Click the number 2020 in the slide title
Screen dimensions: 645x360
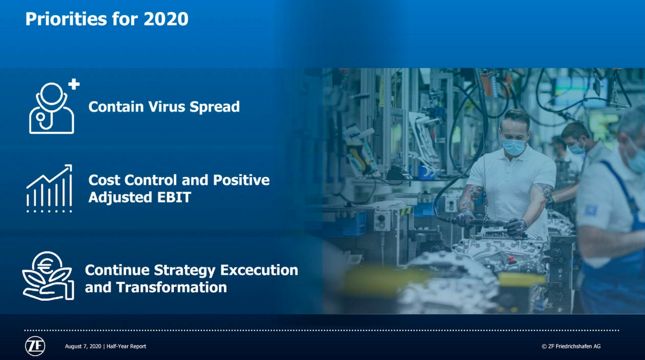[x=166, y=19]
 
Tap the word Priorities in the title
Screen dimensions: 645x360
[x=66, y=19]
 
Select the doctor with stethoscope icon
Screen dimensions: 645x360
[x=52, y=108]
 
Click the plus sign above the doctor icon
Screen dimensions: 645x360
[x=74, y=84]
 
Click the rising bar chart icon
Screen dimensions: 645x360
[x=49, y=189]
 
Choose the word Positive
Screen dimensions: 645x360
[x=241, y=180]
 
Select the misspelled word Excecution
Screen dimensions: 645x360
[x=259, y=270]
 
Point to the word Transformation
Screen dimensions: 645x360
[x=171, y=287]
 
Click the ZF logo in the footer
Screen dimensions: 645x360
[x=35, y=346]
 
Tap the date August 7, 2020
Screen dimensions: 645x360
[x=83, y=346]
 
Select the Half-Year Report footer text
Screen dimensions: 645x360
[x=126, y=346]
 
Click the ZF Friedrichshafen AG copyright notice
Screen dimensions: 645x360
[x=571, y=346]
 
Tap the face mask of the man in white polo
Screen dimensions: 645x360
[x=514, y=147]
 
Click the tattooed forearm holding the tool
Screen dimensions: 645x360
[x=469, y=199]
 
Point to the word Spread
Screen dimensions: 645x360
[x=214, y=107]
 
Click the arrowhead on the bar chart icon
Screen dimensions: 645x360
[x=69, y=168]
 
